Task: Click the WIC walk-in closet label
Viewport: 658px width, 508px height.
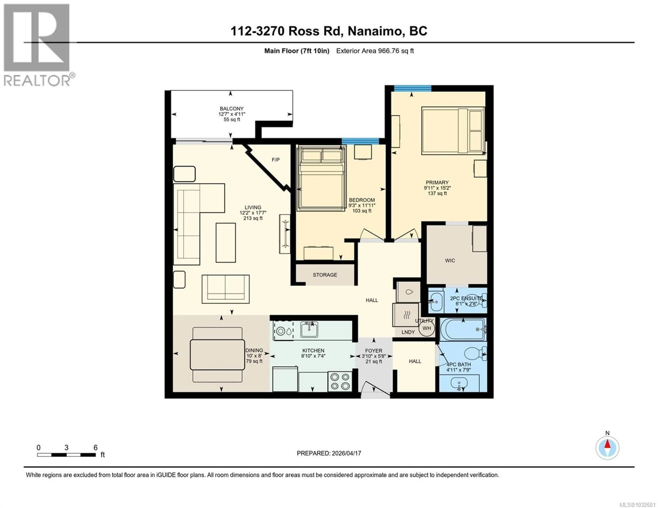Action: click(450, 260)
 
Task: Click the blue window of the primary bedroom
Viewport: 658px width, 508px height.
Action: click(412, 88)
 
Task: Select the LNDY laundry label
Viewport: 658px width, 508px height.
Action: click(408, 332)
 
